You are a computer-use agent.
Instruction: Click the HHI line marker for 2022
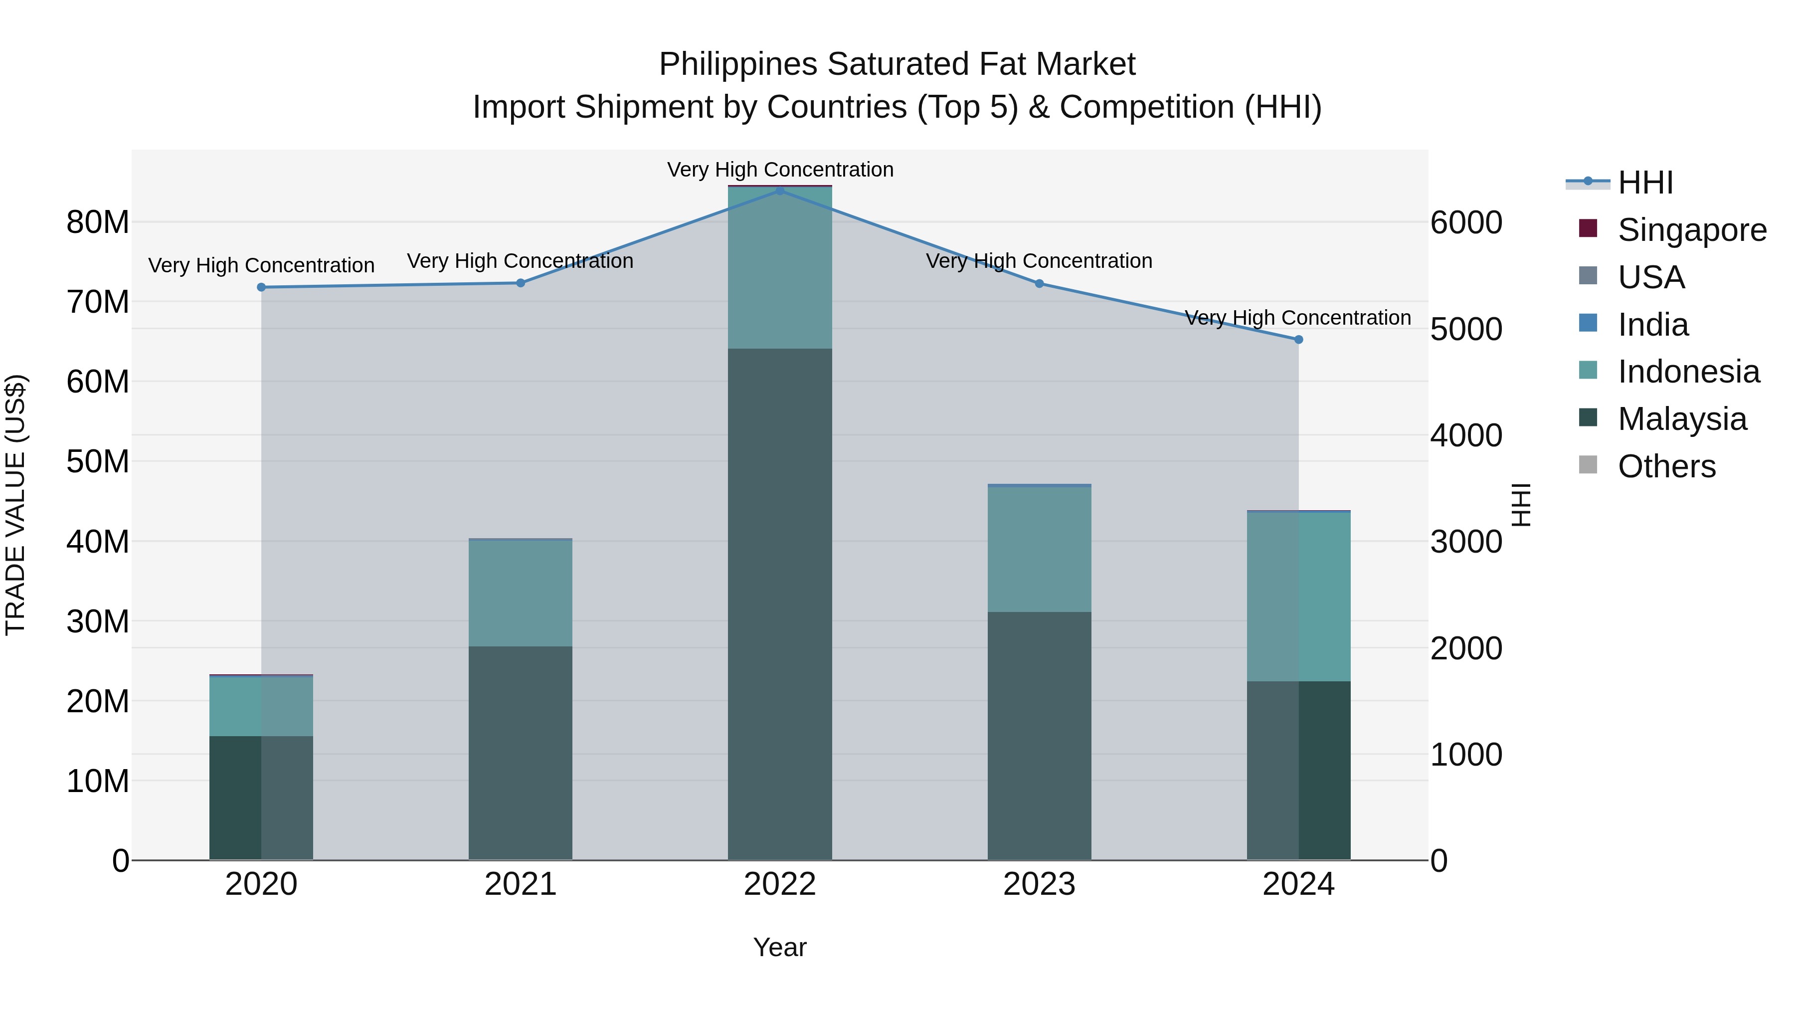[780, 191]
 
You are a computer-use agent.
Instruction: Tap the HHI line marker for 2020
[261, 287]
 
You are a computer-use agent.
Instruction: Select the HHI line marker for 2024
[1298, 340]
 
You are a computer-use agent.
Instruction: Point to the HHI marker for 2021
[521, 283]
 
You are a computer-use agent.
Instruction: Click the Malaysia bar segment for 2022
[780, 604]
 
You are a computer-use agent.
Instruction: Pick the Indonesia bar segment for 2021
[521, 593]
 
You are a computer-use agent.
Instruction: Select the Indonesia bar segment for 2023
[1039, 549]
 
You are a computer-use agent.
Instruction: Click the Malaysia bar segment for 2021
[521, 753]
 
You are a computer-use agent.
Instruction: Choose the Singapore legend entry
[1691, 230]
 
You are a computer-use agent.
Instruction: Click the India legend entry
[1652, 325]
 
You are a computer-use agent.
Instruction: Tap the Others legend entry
[1666, 466]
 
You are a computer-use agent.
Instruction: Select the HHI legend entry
[1644, 183]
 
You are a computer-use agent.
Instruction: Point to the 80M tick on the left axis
[98, 222]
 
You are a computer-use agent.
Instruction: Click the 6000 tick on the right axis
[1466, 222]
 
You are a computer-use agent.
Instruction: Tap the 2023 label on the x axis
[1039, 884]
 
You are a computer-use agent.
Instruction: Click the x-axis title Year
[780, 947]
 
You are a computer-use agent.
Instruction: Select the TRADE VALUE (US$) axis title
[15, 505]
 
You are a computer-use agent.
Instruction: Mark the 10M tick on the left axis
[98, 782]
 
